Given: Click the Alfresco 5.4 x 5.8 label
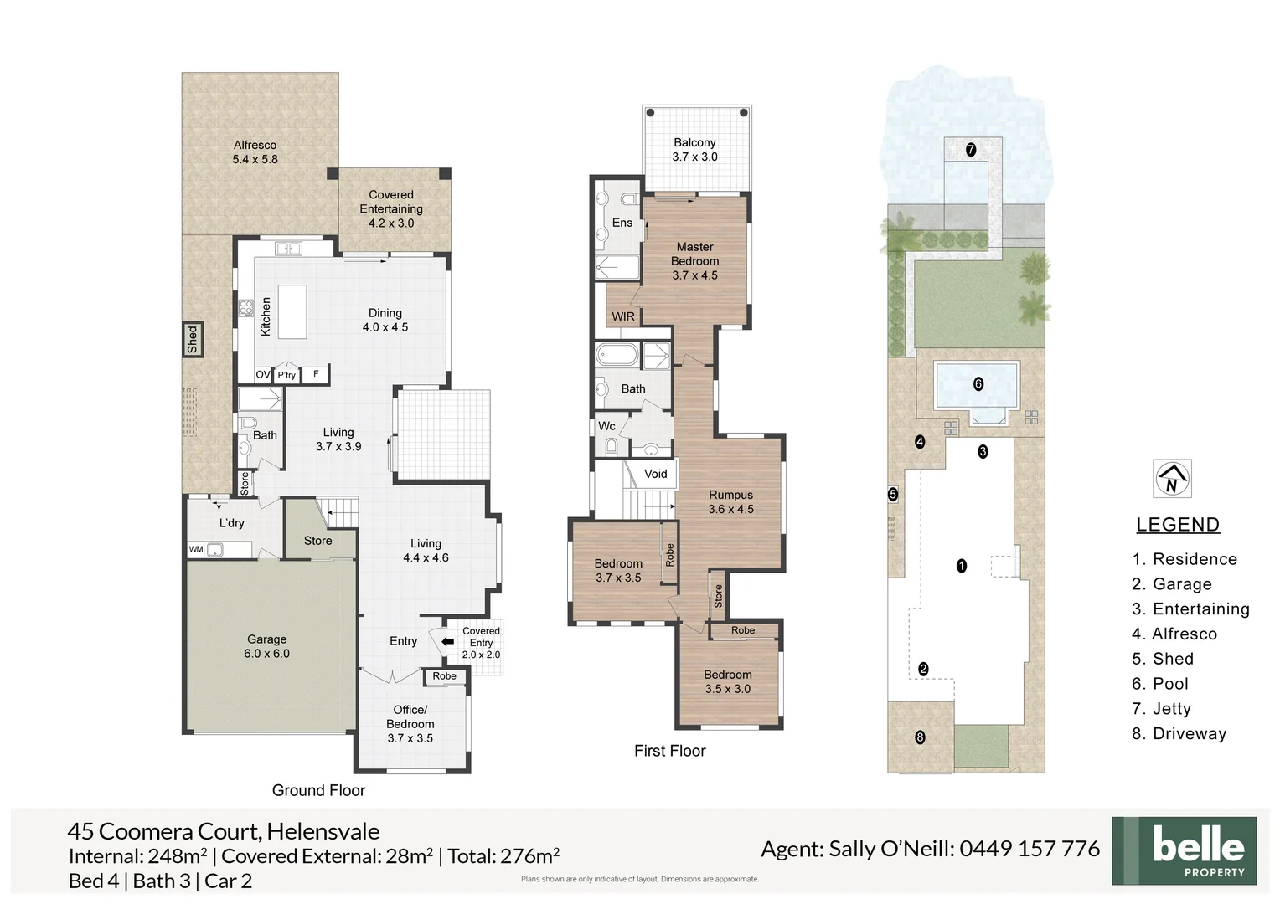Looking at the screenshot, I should pyautogui.click(x=255, y=152).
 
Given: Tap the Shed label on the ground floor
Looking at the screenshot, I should pyautogui.click(x=193, y=339).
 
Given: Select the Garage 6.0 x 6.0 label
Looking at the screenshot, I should pyautogui.click(x=266, y=646).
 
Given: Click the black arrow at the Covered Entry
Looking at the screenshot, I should pyautogui.click(x=447, y=642).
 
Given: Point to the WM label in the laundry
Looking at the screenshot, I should pyautogui.click(x=196, y=550).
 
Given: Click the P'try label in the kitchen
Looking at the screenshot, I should pyautogui.click(x=286, y=375).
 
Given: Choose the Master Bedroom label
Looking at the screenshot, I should pyautogui.click(x=694, y=260).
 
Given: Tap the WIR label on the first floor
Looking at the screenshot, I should pyautogui.click(x=623, y=316).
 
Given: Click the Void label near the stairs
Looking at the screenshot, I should pyautogui.click(x=655, y=474).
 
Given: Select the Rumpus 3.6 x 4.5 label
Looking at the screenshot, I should pyautogui.click(x=730, y=501).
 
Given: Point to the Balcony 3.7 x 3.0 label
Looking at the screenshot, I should pyautogui.click(x=694, y=149).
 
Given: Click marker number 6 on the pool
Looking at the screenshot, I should pyautogui.click(x=978, y=384).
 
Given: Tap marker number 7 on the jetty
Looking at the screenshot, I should pyautogui.click(x=971, y=150).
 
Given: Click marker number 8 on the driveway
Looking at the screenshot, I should pyautogui.click(x=920, y=737).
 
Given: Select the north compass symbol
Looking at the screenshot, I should pyautogui.click(x=1172, y=480).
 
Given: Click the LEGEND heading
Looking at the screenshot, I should pyautogui.click(x=1177, y=525).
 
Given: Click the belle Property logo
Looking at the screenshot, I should pyautogui.click(x=1184, y=850).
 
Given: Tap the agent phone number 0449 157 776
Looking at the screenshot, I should pyautogui.click(x=1029, y=849).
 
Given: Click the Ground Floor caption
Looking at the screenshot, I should pyautogui.click(x=318, y=790).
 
